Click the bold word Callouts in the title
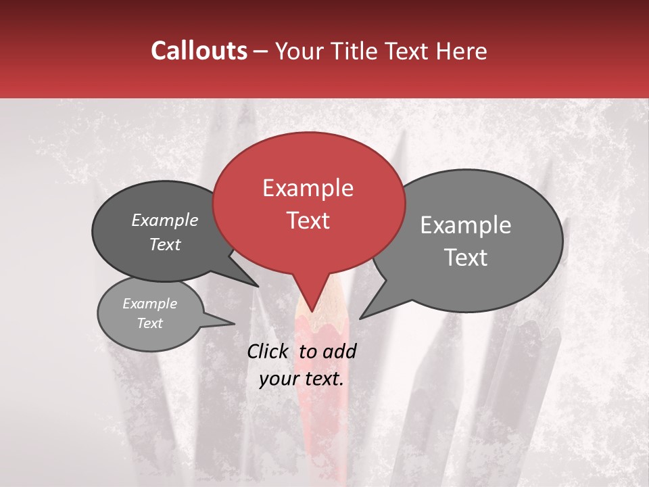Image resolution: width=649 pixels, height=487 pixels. point(199,51)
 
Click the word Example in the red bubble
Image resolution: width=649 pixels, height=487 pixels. point(308,188)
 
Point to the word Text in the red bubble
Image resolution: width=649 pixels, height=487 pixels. point(308,221)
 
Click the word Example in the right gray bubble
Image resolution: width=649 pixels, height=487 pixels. point(466,225)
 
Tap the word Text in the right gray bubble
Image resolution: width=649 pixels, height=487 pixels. point(466,258)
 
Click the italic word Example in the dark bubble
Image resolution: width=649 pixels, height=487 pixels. point(165,221)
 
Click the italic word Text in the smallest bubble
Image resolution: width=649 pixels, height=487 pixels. point(150,323)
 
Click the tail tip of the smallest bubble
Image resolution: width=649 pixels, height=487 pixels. point(234,323)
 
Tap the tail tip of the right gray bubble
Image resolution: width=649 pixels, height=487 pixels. point(360,318)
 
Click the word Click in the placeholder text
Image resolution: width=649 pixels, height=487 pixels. point(269,351)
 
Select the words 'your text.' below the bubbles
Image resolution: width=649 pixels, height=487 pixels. point(302,379)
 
